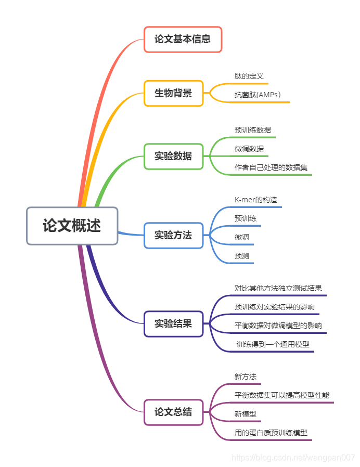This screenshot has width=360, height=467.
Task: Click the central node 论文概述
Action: (x=72, y=226)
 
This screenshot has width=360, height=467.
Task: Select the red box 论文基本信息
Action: (x=183, y=40)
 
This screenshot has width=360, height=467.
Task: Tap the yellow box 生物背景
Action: (x=173, y=94)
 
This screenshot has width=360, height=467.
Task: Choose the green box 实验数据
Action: (x=173, y=156)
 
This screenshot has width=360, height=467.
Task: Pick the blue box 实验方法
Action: (x=173, y=235)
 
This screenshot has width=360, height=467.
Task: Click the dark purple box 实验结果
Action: (x=173, y=323)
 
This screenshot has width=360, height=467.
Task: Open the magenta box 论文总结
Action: (x=173, y=412)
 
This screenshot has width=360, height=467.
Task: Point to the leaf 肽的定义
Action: (x=249, y=76)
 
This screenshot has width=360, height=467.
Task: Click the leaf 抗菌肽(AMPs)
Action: (x=258, y=95)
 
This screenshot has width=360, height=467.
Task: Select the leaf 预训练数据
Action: (x=253, y=130)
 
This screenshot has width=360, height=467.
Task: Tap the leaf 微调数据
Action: (x=249, y=149)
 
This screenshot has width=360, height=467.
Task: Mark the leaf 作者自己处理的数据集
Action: (x=271, y=167)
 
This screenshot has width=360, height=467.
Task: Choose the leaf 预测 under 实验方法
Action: (x=242, y=256)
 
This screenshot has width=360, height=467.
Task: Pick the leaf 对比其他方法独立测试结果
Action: (x=278, y=288)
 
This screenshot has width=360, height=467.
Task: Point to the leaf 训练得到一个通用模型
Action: (x=273, y=344)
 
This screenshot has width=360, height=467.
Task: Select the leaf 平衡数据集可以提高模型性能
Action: (x=282, y=395)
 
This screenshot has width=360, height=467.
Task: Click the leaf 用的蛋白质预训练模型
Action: (x=271, y=433)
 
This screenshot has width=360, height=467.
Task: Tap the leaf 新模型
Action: (x=246, y=414)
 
